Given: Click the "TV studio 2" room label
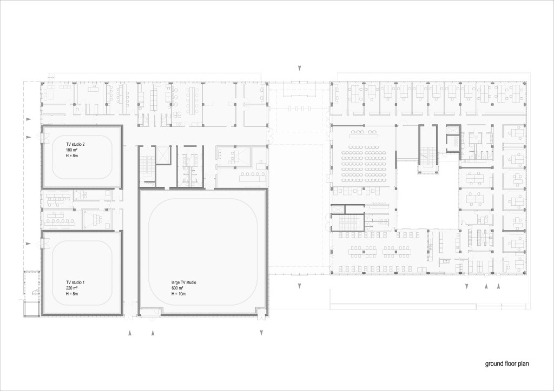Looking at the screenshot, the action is [x=75, y=145].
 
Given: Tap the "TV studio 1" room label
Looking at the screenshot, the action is [x=75, y=283].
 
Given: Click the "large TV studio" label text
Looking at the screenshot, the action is [x=184, y=283].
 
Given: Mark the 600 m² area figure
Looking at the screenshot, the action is [x=177, y=288].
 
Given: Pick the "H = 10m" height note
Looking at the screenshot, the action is [x=179, y=294].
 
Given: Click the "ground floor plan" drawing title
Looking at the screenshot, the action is [x=506, y=364].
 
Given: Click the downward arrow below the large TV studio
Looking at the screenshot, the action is [x=261, y=333].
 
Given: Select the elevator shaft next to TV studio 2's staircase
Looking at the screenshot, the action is [x=163, y=155].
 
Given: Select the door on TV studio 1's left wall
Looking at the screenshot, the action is [x=44, y=242].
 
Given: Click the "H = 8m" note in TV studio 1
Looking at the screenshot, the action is [x=72, y=294].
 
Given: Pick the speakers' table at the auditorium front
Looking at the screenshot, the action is [x=364, y=134].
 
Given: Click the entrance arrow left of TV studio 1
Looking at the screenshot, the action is [x=28, y=244].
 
